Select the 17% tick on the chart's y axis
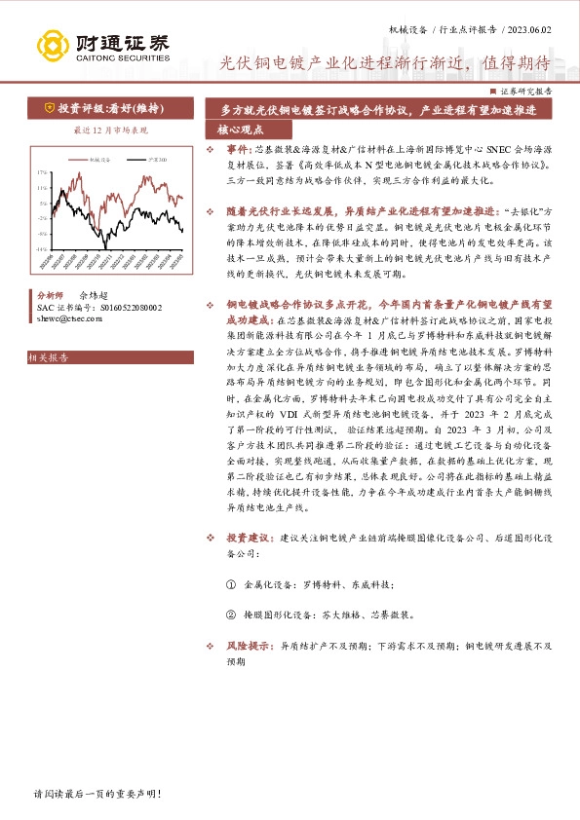(x=42, y=171)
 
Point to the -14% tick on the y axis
(x=42, y=249)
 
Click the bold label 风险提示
(x=249, y=645)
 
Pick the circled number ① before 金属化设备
(x=231, y=583)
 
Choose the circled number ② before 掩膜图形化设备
(x=231, y=615)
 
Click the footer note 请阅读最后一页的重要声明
(x=97, y=794)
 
